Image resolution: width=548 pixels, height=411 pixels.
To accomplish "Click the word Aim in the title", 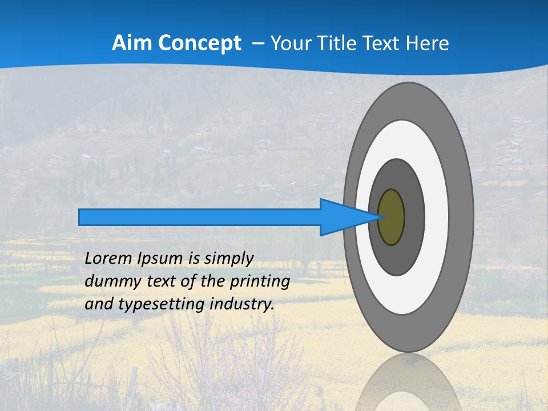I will pos(132,43).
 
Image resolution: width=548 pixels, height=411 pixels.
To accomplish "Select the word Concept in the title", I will pos(199,44).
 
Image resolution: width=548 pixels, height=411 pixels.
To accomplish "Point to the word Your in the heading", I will pos(291,43).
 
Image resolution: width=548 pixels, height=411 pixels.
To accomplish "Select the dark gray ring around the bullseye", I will pos(414,217).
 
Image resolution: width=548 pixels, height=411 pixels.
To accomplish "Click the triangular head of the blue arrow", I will pos(342,217).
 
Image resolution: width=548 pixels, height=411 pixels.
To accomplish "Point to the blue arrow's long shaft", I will pos(200,217).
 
